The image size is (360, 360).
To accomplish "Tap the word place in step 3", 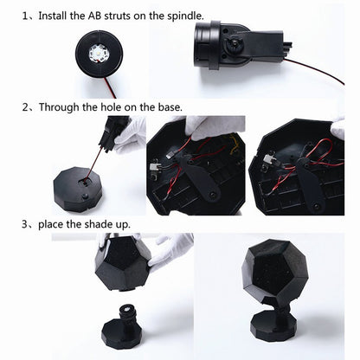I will (54, 223).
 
